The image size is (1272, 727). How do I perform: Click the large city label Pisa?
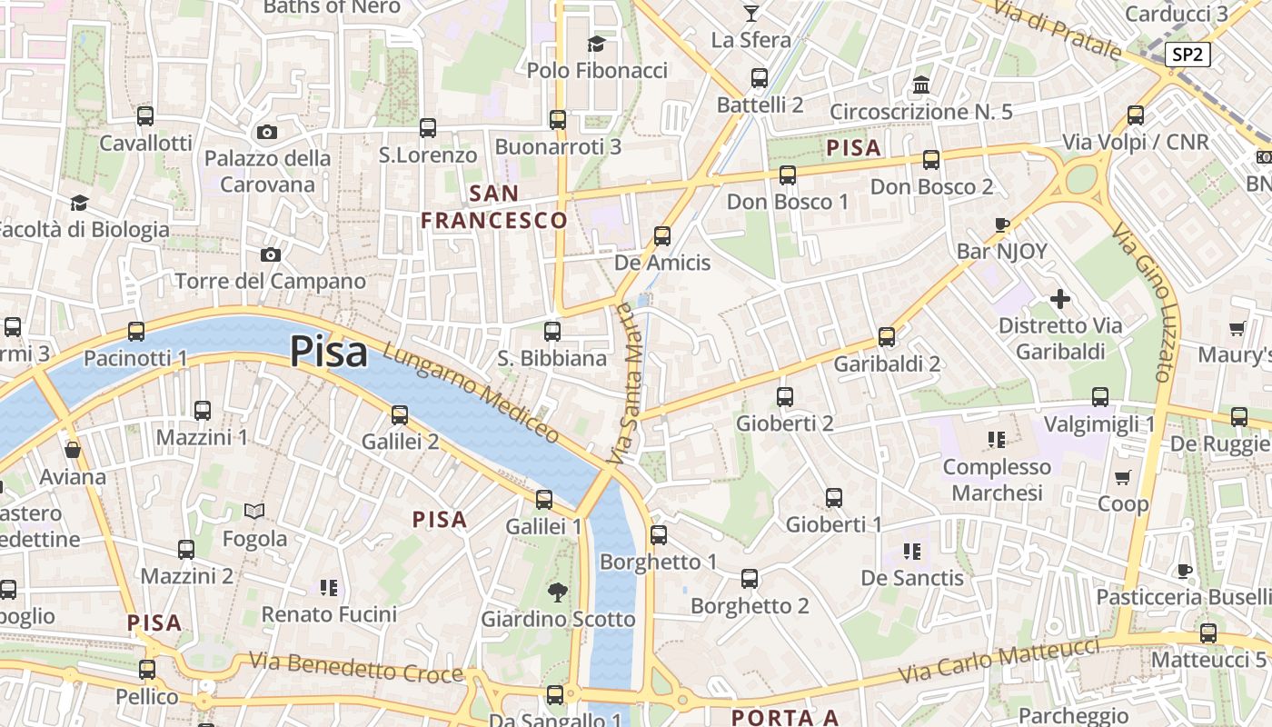pyautogui.click(x=329, y=352)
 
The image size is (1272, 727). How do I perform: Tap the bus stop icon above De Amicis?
pyautogui.click(x=662, y=236)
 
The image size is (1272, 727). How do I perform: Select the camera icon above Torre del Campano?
pyautogui.click(x=270, y=254)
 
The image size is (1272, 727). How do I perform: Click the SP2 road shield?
pyautogui.click(x=1187, y=55)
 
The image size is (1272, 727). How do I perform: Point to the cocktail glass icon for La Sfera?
pyautogui.click(x=751, y=13)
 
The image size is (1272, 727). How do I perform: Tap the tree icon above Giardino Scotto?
pyautogui.click(x=558, y=593)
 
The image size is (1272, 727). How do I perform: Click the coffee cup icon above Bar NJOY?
pyautogui.click(x=1002, y=224)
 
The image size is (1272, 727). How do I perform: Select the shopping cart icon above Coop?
pyautogui.click(x=1123, y=477)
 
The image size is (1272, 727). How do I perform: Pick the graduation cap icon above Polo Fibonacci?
pyautogui.click(x=596, y=44)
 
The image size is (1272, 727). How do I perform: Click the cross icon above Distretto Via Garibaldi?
pyautogui.click(x=1060, y=298)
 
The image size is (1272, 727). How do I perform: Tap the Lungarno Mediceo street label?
pyautogui.click(x=471, y=393)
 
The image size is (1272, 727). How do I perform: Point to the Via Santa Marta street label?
pyautogui.click(x=625, y=383)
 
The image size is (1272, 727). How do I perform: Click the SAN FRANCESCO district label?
pyautogui.click(x=494, y=206)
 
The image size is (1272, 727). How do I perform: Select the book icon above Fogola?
pyautogui.click(x=254, y=512)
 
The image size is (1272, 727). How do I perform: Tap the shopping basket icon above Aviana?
pyautogui.click(x=73, y=450)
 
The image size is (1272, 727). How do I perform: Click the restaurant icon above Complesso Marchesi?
pyautogui.click(x=996, y=440)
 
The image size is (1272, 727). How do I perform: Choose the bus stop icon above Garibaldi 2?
pyautogui.click(x=887, y=337)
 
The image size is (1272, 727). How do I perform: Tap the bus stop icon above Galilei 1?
pyautogui.click(x=544, y=499)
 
